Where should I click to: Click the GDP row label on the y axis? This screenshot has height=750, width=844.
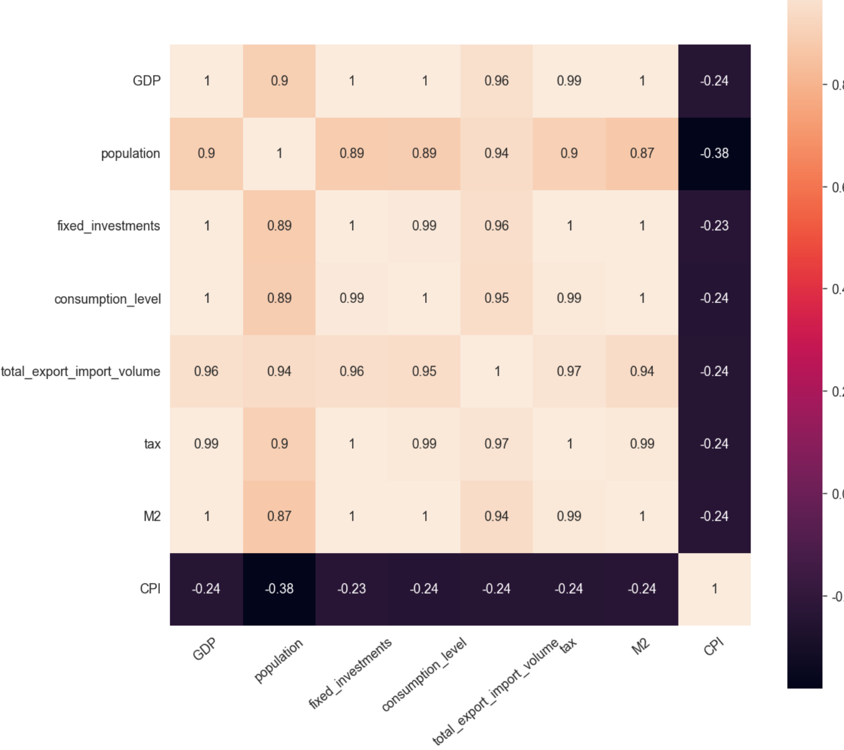(x=146, y=81)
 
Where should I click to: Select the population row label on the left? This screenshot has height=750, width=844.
(x=130, y=154)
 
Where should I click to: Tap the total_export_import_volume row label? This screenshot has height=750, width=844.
(x=80, y=372)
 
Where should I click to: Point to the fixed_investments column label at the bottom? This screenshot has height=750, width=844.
(x=350, y=673)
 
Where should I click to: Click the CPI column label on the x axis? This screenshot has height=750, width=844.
(x=714, y=646)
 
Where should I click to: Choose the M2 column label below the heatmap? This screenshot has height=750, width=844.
(x=641, y=646)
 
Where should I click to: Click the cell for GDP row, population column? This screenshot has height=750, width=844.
(x=279, y=81)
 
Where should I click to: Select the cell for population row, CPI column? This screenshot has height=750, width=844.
(x=714, y=154)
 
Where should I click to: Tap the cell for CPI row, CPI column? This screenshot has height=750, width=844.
(x=714, y=589)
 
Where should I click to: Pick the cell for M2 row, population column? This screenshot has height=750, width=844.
(x=279, y=516)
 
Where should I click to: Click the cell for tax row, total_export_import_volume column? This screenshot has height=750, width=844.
(x=497, y=444)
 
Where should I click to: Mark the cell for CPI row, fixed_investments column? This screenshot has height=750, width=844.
(x=352, y=589)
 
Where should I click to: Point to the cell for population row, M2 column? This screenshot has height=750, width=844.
(x=642, y=154)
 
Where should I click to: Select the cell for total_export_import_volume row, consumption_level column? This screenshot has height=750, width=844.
(x=425, y=372)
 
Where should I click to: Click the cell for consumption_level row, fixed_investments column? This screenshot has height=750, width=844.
(x=352, y=298)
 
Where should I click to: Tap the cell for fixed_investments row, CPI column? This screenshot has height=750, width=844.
(x=714, y=226)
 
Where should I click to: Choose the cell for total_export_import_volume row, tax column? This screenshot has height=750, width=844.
(x=569, y=372)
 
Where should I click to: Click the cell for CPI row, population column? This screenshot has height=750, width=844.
(x=279, y=589)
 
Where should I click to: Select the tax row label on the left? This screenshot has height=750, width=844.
(x=152, y=444)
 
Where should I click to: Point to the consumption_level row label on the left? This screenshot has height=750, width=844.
(x=108, y=299)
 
